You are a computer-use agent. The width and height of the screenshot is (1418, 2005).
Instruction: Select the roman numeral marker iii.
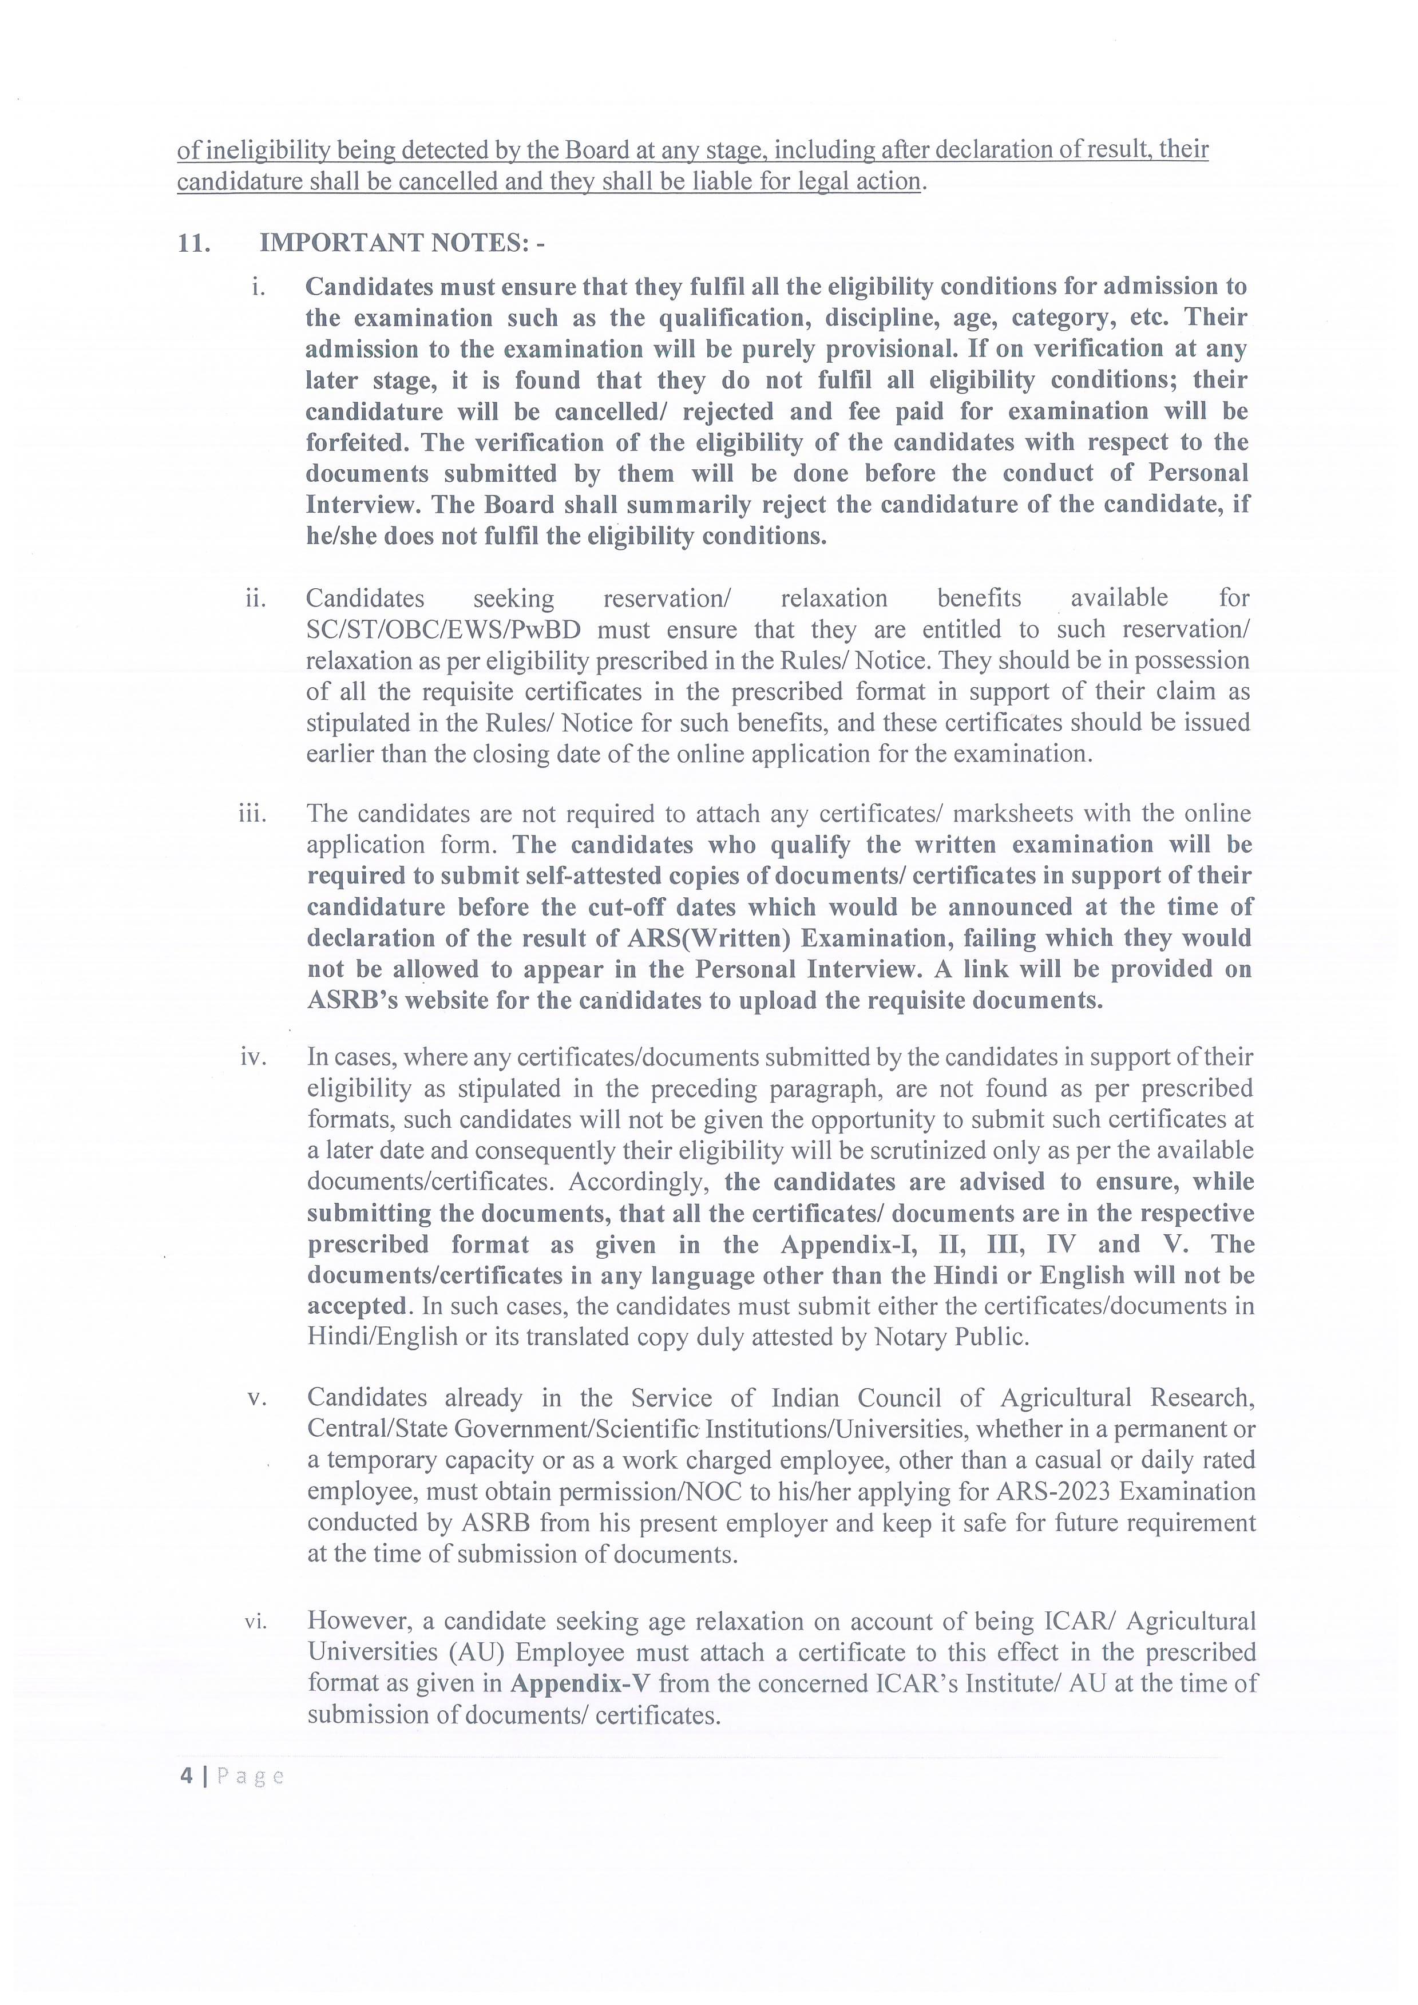252,814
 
